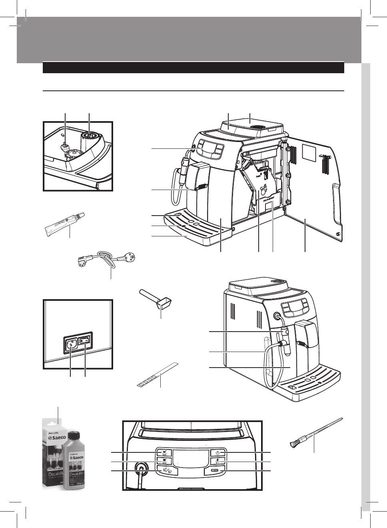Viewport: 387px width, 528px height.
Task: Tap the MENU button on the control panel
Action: coord(215,471)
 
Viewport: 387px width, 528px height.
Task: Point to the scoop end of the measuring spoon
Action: coord(163,305)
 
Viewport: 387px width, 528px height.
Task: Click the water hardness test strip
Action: coord(157,374)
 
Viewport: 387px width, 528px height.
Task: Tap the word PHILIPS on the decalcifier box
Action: coord(56,433)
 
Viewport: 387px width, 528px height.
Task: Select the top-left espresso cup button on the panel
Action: coord(164,452)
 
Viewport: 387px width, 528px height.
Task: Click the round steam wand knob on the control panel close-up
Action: coord(140,468)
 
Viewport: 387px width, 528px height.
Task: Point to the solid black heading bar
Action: coord(193,67)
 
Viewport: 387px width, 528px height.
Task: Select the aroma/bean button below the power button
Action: coord(217,462)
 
